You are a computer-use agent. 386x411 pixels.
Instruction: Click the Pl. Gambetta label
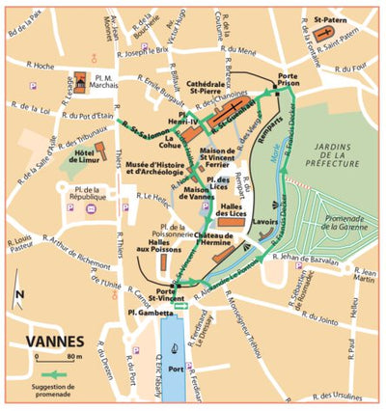(x=148, y=314)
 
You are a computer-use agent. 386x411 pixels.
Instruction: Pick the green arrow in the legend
(x=57, y=373)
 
